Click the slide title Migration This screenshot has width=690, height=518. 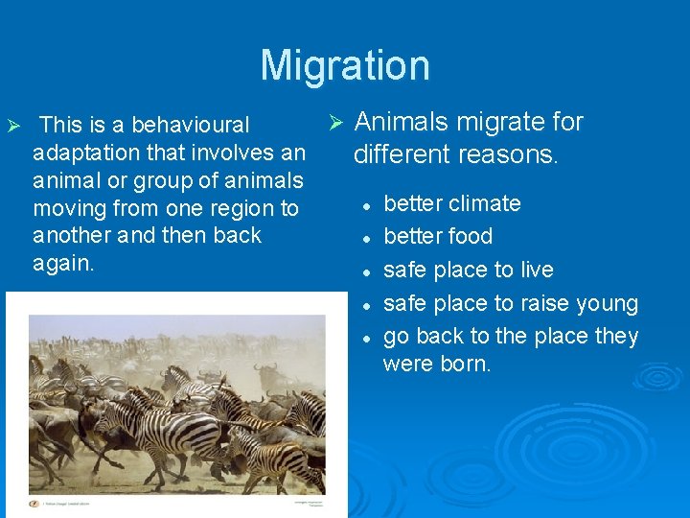pos(345,65)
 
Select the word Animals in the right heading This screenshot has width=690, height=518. pos(399,122)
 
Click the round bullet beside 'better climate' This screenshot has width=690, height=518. pos(366,205)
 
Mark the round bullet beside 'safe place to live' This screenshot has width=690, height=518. pos(366,271)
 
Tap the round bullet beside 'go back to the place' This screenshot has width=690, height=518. pos(366,338)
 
